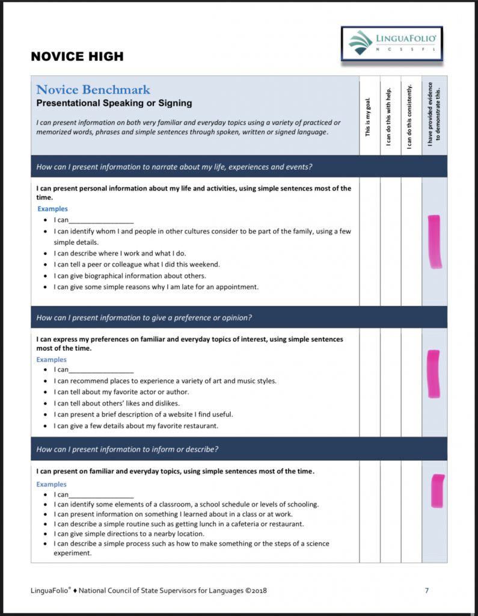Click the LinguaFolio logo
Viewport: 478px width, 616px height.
(x=391, y=43)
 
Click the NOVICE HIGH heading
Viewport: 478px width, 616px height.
(x=77, y=57)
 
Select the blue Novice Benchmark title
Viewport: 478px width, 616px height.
(x=93, y=90)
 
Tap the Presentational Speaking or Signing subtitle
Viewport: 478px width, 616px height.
(x=114, y=103)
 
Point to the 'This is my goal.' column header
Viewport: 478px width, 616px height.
(x=369, y=116)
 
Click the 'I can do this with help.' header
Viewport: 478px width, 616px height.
(x=390, y=116)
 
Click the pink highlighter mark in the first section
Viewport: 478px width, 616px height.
(x=434, y=241)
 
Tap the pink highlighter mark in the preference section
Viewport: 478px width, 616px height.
(x=433, y=374)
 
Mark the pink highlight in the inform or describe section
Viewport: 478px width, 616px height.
(x=438, y=490)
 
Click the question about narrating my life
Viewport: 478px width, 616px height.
(x=174, y=167)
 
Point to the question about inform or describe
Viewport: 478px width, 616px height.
(x=127, y=449)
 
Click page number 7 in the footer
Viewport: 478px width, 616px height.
(x=427, y=590)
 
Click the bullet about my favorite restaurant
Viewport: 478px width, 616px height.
(x=136, y=426)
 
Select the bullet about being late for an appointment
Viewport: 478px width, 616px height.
(x=156, y=287)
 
